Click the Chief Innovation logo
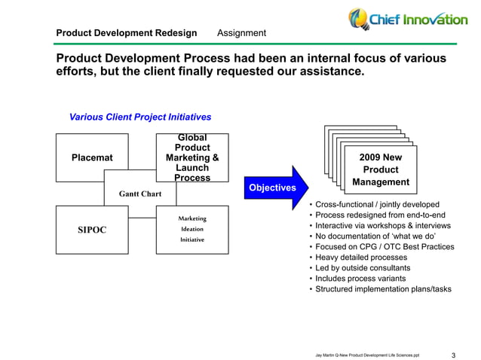[407, 19]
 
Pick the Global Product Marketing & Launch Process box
[192, 157]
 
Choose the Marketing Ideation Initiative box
[192, 229]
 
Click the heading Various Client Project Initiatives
[140, 117]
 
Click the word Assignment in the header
[241, 33]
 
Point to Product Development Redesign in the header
[127, 33]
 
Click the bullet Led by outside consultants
[362, 268]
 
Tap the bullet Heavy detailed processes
[360, 258]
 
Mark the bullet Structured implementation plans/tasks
[383, 289]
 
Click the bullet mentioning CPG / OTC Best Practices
[384, 247]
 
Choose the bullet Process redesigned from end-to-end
[380, 215]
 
